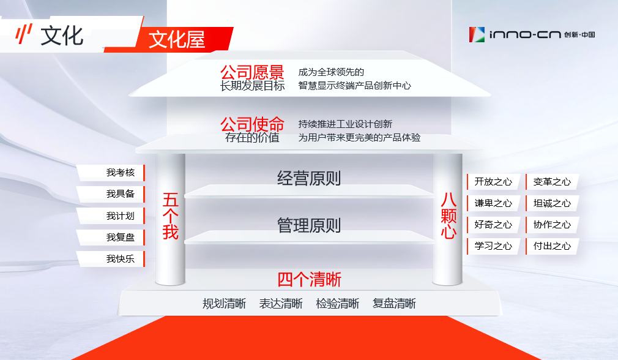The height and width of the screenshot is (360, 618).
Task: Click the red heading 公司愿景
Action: coord(252,73)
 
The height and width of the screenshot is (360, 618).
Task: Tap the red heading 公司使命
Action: coord(252,124)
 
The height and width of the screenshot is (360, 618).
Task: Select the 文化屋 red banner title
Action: coord(177,40)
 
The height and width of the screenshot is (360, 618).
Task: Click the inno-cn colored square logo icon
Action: coord(477,35)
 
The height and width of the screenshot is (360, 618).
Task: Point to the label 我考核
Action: coord(121,172)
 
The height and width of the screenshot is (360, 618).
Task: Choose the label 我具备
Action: coord(121,193)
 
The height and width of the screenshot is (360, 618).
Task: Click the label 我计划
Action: coord(121,216)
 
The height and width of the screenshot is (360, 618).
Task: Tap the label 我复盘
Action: coord(121,237)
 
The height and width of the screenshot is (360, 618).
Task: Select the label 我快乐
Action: coord(121,258)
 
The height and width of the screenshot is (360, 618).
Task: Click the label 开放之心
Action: coord(493,181)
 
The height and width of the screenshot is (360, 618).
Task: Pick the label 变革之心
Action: coord(552,181)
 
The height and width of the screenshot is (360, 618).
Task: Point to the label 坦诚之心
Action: coord(552,203)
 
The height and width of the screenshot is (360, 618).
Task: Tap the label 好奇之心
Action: coord(493,224)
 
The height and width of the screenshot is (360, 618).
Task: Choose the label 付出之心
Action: coord(552,246)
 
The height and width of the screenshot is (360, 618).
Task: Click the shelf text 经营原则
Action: coord(309,178)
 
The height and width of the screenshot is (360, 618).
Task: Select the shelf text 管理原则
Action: coord(309,225)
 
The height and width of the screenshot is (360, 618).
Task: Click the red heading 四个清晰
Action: coord(310,280)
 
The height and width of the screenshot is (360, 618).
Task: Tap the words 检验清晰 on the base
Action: coord(337,303)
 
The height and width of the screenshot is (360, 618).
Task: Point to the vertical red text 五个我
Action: coord(171,216)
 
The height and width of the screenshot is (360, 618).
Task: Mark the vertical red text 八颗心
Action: coord(449,216)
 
